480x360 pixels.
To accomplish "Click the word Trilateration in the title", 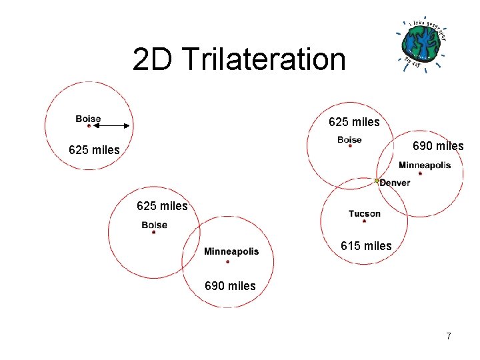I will click(x=263, y=59).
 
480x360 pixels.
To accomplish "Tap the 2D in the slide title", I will click(x=152, y=59).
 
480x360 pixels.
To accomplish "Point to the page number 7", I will click(x=449, y=336).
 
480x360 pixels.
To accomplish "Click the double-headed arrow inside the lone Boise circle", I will click(x=111, y=125).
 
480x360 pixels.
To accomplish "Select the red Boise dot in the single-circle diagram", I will click(x=89, y=125).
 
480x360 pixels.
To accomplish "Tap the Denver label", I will click(x=395, y=183).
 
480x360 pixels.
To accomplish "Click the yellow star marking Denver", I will click(x=377, y=181).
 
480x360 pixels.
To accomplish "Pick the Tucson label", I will click(x=364, y=213).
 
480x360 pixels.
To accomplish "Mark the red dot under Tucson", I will click(x=364, y=221).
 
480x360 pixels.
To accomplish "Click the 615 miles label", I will click(x=366, y=246).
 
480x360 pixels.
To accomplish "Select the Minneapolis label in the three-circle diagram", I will click(x=425, y=165).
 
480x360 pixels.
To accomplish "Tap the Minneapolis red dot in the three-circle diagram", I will click(x=420, y=173).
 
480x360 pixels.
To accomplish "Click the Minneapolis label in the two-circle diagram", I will click(x=231, y=251).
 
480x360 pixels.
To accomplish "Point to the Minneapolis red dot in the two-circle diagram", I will click(x=227, y=261).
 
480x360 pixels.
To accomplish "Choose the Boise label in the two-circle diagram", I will click(x=154, y=225).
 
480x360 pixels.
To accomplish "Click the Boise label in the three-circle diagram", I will click(x=349, y=139).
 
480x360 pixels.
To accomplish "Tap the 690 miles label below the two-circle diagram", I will click(x=230, y=286).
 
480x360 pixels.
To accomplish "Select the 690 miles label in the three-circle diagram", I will click(x=438, y=146).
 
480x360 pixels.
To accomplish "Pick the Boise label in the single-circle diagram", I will click(x=88, y=119).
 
